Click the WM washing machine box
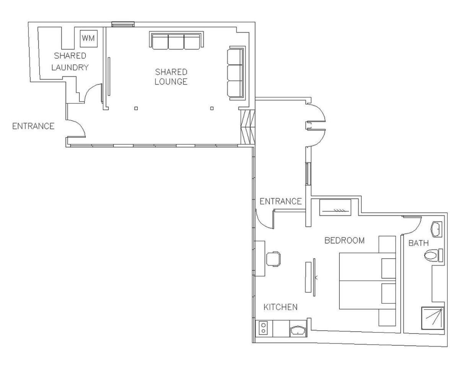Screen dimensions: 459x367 pyautogui.click(x=89, y=38)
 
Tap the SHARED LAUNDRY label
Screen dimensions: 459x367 pyautogui.click(x=70, y=62)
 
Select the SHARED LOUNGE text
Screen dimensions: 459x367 pyautogui.click(x=171, y=77)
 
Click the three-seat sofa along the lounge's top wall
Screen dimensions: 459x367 pyautogui.click(x=176, y=40)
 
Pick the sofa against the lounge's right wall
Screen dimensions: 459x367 pyautogui.click(x=236, y=73)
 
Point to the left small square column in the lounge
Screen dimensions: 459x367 pyautogui.click(x=136, y=108)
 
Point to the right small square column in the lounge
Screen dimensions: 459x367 pyautogui.click(x=212, y=108)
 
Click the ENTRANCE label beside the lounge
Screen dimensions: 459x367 pyautogui.click(x=33, y=126)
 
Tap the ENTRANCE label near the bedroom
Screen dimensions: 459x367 pyautogui.click(x=280, y=201)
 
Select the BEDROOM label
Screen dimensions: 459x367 pyautogui.click(x=345, y=240)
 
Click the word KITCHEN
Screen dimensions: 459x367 pyautogui.click(x=280, y=307)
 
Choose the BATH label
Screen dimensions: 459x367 pyautogui.click(x=418, y=243)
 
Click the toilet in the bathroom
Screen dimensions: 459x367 pyautogui.click(x=433, y=255)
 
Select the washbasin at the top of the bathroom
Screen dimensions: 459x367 pyautogui.click(x=436, y=229)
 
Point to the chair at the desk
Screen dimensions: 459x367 pyautogui.click(x=273, y=259)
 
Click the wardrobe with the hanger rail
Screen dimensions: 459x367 pyautogui.click(x=335, y=208)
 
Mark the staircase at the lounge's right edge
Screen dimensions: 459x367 pyautogui.click(x=248, y=127)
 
